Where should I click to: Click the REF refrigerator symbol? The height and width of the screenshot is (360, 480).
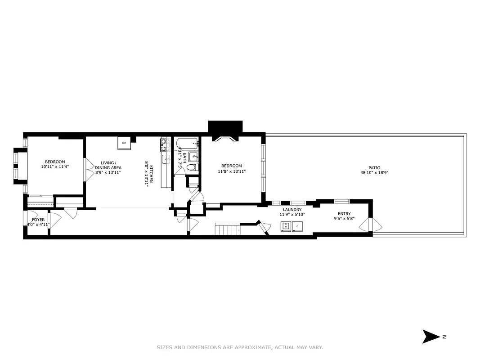pyautogui.click(x=124, y=143)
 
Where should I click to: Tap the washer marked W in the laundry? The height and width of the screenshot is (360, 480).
pyautogui.click(x=285, y=226)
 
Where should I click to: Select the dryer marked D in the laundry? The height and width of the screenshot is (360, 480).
pyautogui.click(x=297, y=226)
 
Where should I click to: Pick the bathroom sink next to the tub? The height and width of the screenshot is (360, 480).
pyautogui.click(x=194, y=157)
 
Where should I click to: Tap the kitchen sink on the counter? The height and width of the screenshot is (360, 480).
pyautogui.click(x=164, y=159)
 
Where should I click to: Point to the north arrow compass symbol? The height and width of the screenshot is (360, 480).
pyautogui.click(x=431, y=336)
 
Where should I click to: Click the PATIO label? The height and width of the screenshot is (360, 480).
pyautogui.click(x=374, y=168)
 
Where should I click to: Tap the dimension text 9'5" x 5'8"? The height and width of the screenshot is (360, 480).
pyautogui.click(x=344, y=219)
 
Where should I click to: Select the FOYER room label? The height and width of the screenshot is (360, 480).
pyautogui.click(x=38, y=220)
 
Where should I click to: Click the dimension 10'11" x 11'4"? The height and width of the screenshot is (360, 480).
pyautogui.click(x=55, y=166)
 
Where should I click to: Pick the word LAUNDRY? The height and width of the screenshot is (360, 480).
pyautogui.click(x=292, y=210)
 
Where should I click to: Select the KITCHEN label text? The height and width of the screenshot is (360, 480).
pyautogui.click(x=151, y=174)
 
